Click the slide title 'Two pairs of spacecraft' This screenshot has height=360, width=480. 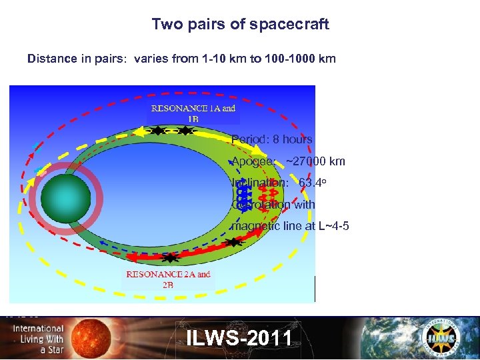point(240,24)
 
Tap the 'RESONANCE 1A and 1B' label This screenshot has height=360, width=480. point(193,113)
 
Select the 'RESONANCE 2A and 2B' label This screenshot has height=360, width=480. point(168,279)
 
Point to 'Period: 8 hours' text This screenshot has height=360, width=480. point(272,139)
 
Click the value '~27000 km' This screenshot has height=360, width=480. point(315,161)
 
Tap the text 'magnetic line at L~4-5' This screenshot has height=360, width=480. point(289,226)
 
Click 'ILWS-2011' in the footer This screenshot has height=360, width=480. point(239,338)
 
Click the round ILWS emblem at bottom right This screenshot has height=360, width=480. point(441,337)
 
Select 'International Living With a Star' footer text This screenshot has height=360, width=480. point(38,339)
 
